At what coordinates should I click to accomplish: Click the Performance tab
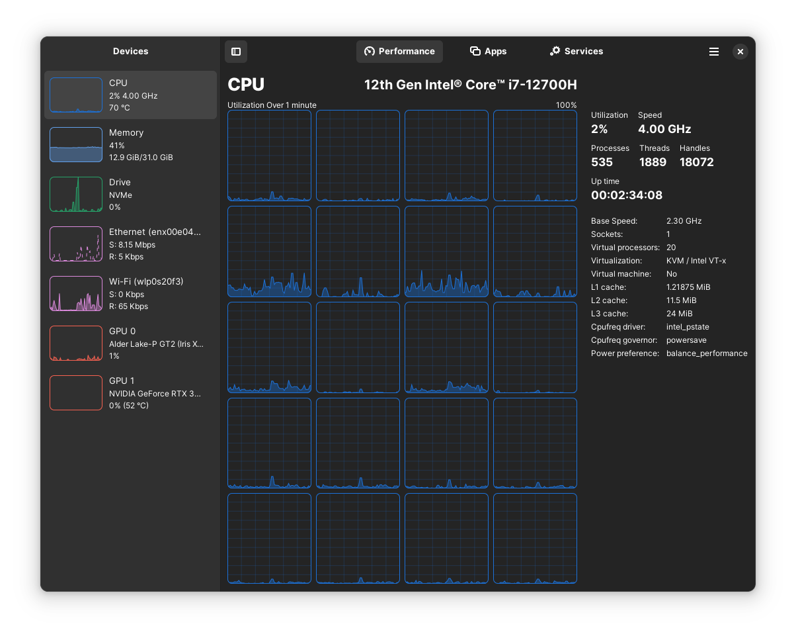tap(399, 51)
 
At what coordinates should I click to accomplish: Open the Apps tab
tap(488, 51)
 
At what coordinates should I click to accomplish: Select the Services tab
tap(576, 51)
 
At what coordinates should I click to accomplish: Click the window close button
tap(740, 52)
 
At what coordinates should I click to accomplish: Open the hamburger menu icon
tap(713, 52)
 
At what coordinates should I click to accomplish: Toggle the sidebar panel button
tap(235, 52)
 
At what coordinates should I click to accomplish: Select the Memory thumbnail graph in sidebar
tap(76, 144)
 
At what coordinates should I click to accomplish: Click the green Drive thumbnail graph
tap(76, 194)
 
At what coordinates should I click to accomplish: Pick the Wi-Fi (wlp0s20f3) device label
tap(146, 281)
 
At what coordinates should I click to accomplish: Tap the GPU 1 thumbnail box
tap(76, 392)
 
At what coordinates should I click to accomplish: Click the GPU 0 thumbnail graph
tap(76, 343)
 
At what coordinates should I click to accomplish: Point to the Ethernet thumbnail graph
tap(76, 244)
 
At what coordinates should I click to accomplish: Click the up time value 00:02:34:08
tap(627, 195)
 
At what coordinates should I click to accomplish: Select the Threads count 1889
tap(653, 162)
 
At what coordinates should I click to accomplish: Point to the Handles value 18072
tap(697, 162)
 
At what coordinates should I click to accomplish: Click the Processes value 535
tap(602, 162)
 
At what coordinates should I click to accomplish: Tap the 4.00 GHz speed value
tap(664, 129)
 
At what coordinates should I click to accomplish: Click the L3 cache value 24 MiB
tap(679, 314)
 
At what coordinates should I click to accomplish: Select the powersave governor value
tap(686, 340)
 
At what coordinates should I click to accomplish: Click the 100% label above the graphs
tap(566, 105)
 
